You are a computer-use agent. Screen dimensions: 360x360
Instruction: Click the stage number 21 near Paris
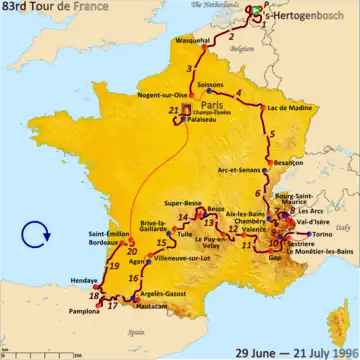174,110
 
